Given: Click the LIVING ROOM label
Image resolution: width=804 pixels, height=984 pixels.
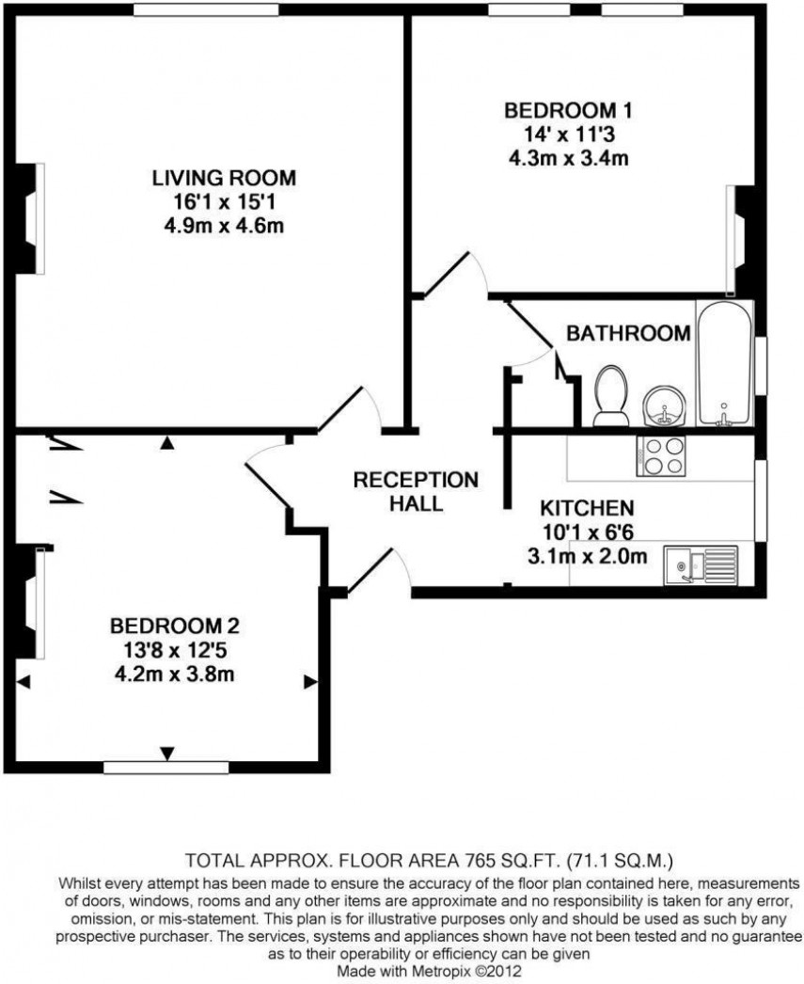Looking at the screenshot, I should (x=224, y=177).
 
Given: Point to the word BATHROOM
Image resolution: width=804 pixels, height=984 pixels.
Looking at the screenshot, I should (x=628, y=333).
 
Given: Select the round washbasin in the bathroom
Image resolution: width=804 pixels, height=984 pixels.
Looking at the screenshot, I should (x=667, y=407).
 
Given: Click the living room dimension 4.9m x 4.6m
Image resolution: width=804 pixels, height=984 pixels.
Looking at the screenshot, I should (x=224, y=226).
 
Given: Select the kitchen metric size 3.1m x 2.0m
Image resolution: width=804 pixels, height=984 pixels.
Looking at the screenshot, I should (x=588, y=556).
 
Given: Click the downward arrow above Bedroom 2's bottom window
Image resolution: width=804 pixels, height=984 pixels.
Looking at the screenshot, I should (x=167, y=753).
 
